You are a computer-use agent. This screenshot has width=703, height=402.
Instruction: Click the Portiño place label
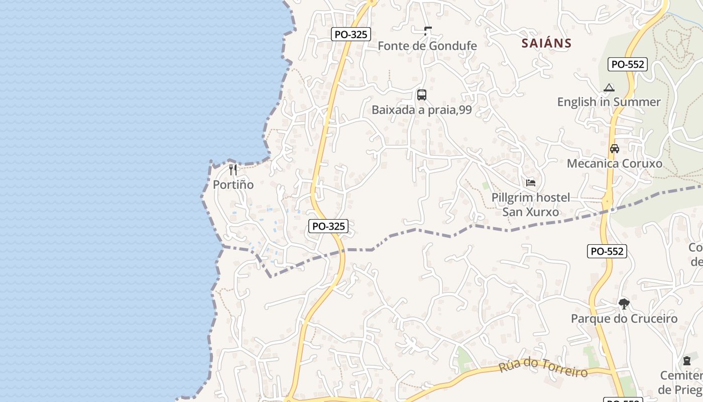pos(233,184)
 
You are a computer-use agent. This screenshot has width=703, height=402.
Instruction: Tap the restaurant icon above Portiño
pos(232,169)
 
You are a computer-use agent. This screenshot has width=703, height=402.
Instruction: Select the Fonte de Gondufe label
pos(427,46)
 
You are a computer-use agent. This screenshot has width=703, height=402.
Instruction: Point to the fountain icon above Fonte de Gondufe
pos(427,31)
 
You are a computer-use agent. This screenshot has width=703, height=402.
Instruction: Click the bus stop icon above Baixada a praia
pos(422,94)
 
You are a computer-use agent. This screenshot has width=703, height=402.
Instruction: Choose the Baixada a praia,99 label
pos(422,110)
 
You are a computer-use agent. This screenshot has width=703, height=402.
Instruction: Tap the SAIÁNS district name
pos(546,43)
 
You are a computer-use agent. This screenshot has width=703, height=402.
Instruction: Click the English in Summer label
pos(609,102)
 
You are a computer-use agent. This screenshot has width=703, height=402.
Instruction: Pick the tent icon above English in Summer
pos(609,87)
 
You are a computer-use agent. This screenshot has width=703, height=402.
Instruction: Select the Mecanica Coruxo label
pos(614,163)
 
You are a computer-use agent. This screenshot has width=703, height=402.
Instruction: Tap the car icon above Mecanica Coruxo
pos(614,149)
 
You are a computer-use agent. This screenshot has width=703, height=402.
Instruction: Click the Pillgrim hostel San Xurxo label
pos(531,205)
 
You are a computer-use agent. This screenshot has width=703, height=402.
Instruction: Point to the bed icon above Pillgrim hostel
pos(531,182)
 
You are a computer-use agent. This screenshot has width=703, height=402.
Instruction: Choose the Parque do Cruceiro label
pos(624,319)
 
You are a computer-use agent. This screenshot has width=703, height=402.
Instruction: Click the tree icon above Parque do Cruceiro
pos(624,304)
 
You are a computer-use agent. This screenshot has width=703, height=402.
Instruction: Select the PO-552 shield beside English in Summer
pos(628,64)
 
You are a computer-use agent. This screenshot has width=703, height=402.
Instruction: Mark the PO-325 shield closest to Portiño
pos(328,226)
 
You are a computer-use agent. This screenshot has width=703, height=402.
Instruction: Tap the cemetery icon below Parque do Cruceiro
pos(686,361)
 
